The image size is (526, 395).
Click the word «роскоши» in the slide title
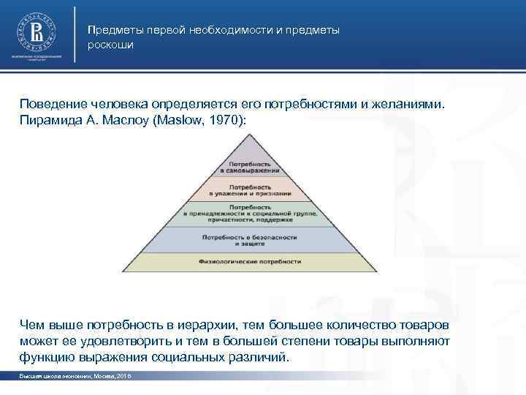tap(110, 45)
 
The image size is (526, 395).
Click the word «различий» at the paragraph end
tap(262, 358)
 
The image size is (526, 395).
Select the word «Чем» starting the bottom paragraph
tap(33, 324)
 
